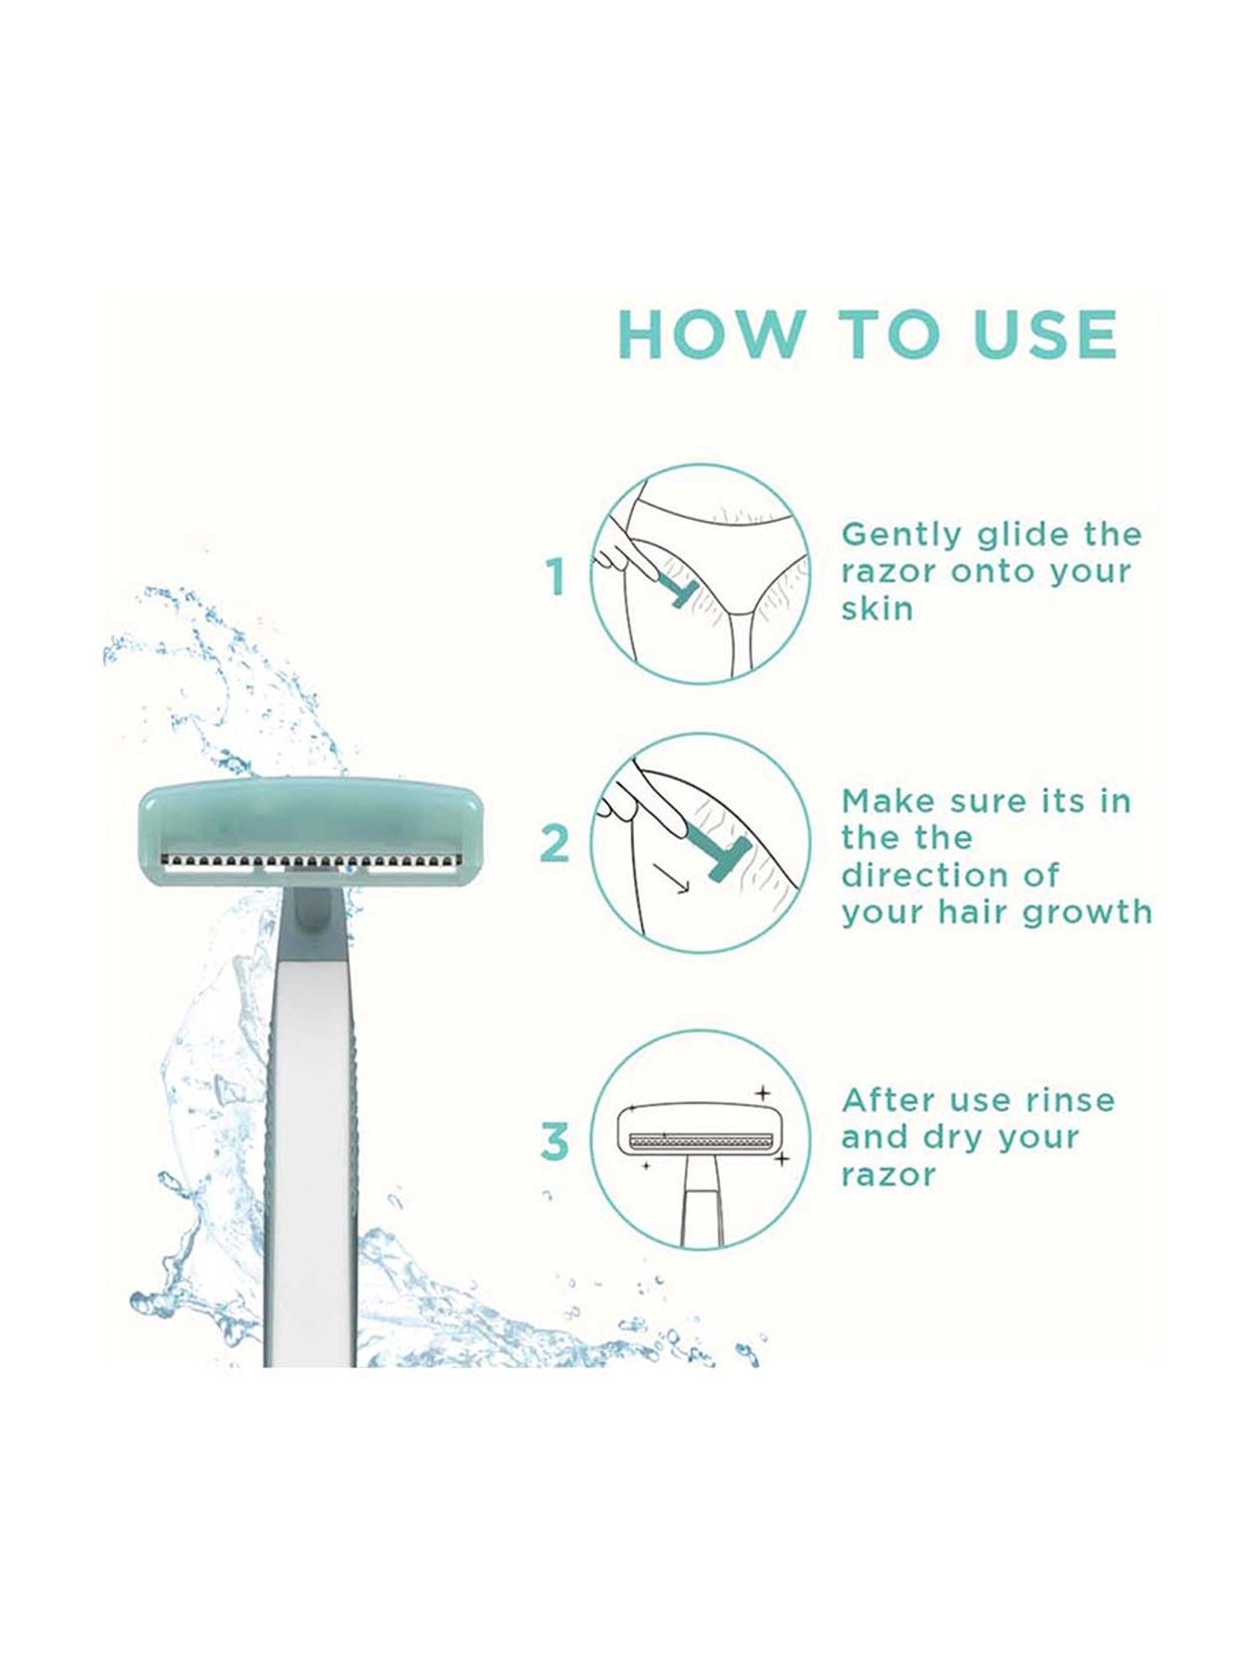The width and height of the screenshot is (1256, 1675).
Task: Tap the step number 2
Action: [x=554, y=843]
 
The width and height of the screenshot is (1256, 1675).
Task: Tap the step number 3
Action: [x=554, y=1140]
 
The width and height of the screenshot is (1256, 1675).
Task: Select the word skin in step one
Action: [x=877, y=609]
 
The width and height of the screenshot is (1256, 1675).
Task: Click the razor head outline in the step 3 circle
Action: [x=700, y=1131]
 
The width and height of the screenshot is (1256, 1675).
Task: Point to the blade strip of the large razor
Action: [x=310, y=862]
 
